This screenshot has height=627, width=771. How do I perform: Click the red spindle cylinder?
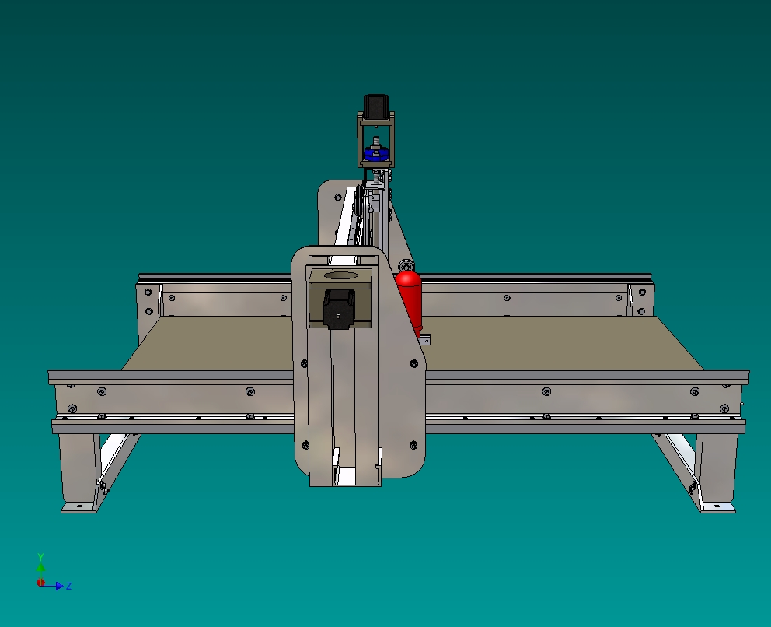pos(410,300)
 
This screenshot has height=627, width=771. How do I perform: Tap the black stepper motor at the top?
pos(376,107)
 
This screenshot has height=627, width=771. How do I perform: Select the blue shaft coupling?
pos(376,152)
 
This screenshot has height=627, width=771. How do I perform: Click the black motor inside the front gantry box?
pos(338,309)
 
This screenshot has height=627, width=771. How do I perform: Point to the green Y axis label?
pos(41,557)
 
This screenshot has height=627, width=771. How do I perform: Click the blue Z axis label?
pos(69,586)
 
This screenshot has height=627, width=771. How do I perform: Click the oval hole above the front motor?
pos(340,275)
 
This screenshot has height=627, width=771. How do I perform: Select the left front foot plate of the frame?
pos(78,507)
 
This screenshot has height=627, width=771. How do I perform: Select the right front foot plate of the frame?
pos(718,507)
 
